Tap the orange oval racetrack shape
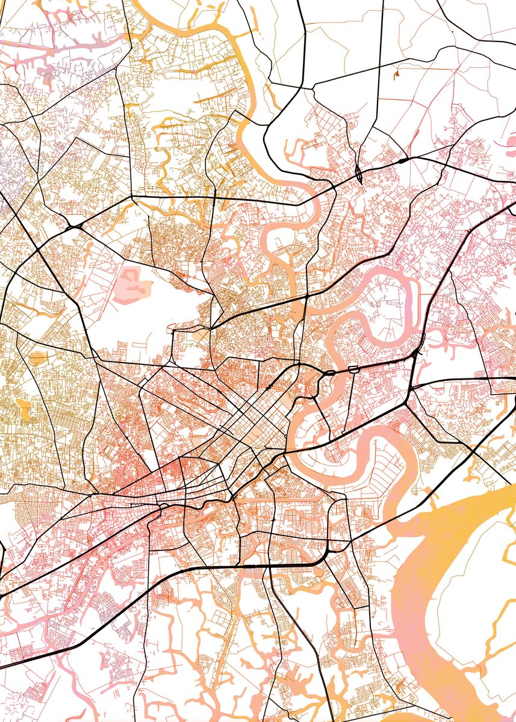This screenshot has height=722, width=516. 39,359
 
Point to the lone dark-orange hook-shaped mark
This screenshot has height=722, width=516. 397,75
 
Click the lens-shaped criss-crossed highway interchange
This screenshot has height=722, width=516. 359,174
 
